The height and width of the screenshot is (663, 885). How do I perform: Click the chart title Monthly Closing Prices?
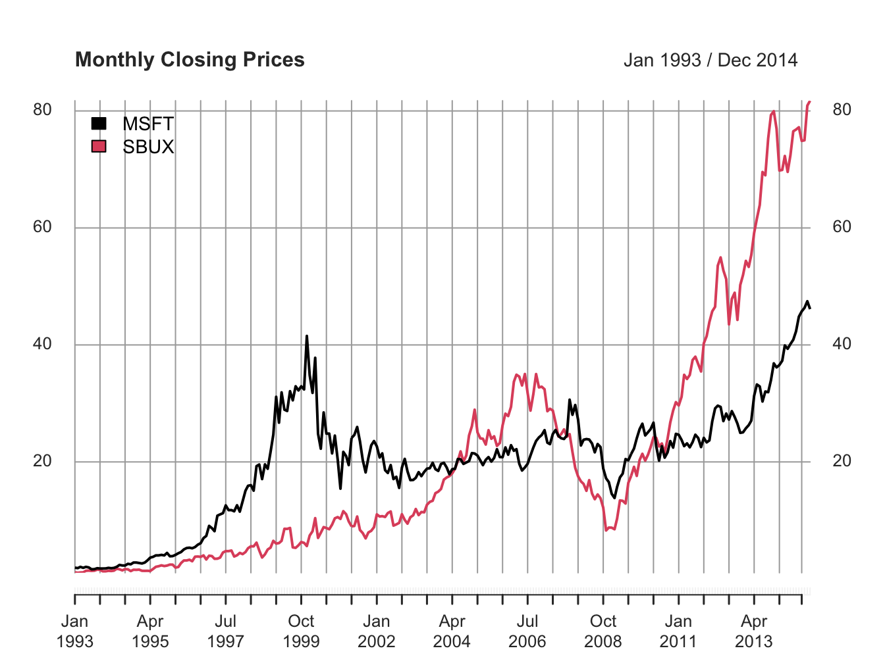190,60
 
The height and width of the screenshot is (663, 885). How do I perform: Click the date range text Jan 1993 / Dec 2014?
710,61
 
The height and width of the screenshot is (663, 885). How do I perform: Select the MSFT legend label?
148,124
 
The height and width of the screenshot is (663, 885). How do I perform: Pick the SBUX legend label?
148,147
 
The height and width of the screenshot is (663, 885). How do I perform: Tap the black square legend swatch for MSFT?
98,124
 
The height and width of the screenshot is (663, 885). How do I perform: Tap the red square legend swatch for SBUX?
98,147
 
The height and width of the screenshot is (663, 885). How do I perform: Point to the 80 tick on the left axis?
42,110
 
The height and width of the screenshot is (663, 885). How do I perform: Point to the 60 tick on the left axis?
42,227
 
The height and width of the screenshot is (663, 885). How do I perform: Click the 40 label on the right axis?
842,344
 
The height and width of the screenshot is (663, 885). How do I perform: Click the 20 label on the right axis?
842,461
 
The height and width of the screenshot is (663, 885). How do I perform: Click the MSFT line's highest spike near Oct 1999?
307,336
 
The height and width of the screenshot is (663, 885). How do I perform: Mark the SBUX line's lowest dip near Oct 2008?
606,529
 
